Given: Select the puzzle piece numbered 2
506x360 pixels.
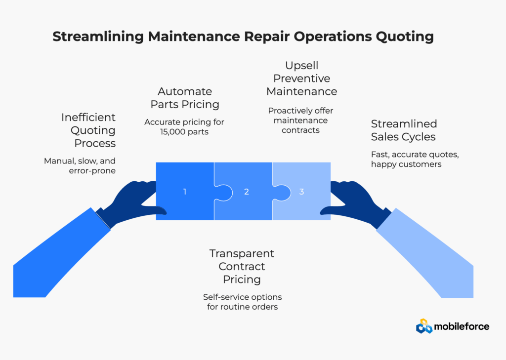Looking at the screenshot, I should pyautogui.click(x=246, y=191).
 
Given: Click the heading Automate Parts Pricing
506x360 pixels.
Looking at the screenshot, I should pyautogui.click(x=184, y=98).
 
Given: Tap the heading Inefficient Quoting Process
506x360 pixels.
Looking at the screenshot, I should pyautogui.click(x=88, y=130).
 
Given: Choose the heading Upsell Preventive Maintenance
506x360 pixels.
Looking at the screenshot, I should pyautogui.click(x=301, y=79).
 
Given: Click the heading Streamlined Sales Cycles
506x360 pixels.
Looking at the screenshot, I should pyautogui.click(x=404, y=130).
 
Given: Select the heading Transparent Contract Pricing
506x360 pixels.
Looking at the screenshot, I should pyautogui.click(x=242, y=267).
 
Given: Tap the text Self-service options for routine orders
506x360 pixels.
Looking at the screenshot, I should pyautogui.click(x=242, y=302).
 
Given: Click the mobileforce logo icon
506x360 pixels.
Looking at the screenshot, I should pyautogui.click(x=423, y=326).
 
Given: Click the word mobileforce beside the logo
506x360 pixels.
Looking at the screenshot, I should pyautogui.click(x=462, y=326).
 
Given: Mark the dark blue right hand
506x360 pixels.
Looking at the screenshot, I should pyautogui.click(x=356, y=202).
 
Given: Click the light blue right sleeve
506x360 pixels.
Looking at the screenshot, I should pyautogui.click(x=425, y=252).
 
